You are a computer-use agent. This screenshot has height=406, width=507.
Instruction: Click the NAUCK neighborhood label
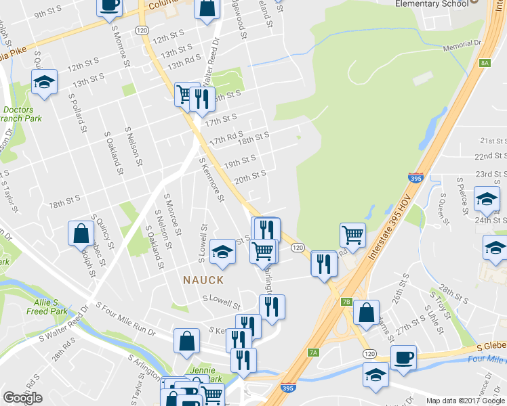pyautogui.click(x=202, y=279)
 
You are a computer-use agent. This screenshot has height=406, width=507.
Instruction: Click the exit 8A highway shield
pyautogui.click(x=484, y=63)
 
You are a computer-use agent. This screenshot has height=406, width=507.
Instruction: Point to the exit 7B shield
pyautogui.click(x=346, y=302)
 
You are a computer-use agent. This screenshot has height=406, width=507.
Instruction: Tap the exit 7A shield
pyautogui.click(x=312, y=352)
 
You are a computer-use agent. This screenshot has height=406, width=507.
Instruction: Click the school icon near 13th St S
pyautogui.click(x=44, y=82)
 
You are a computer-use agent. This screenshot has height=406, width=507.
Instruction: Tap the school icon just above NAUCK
pyautogui.click(x=222, y=251)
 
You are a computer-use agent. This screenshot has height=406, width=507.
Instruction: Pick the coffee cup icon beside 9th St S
pyautogui.click(x=110, y=5)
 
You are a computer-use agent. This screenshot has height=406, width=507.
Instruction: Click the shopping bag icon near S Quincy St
pyautogui.click(x=81, y=233)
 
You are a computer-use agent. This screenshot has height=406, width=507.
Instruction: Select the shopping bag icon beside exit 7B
pyautogui.click(x=366, y=313)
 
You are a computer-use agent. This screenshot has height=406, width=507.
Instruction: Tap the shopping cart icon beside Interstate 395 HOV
pyautogui.click(x=352, y=235)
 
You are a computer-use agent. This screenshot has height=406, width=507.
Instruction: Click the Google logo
pyautogui.click(x=22, y=398)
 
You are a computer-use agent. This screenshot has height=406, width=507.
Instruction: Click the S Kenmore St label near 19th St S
pyautogui.click(x=211, y=179)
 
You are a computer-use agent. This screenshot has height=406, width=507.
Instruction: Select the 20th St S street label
pyautogui.click(x=249, y=177)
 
